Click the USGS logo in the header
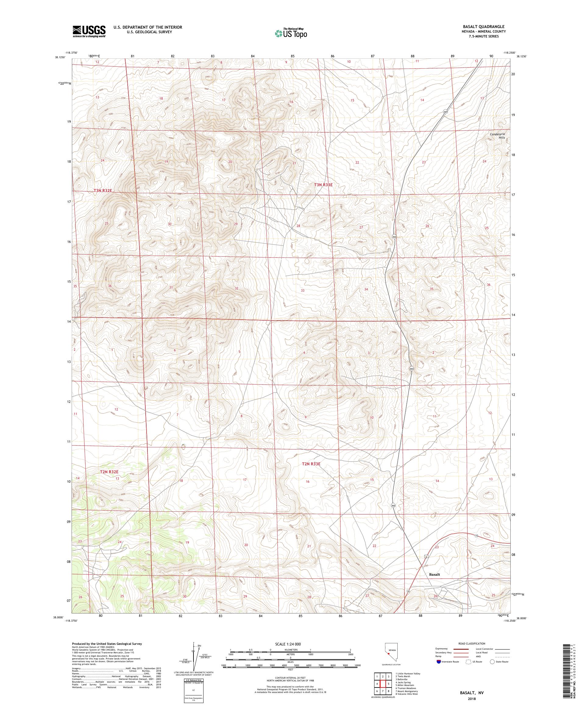coord(89,31)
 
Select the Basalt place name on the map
coord(434,575)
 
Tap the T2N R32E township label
coord(109,472)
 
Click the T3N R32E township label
coord(102,190)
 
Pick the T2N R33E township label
coord(311,464)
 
